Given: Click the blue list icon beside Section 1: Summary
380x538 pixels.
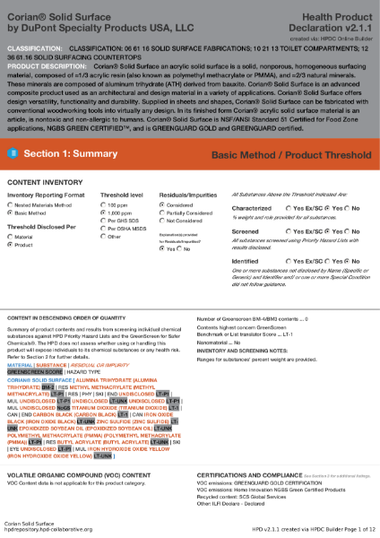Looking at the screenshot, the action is click(x=13, y=154).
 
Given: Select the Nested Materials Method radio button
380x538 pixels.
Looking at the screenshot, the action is click(x=11, y=204).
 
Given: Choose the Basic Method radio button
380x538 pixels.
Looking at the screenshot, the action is click(x=11, y=213).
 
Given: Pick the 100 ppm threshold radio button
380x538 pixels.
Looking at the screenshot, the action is click(x=103, y=204).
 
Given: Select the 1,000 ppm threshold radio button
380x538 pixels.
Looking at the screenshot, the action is click(x=103, y=213).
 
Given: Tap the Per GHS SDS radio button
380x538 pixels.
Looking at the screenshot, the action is click(x=103, y=221).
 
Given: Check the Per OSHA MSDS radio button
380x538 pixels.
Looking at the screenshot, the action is click(x=103, y=229).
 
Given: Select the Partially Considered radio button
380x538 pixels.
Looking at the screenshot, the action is click(x=162, y=213).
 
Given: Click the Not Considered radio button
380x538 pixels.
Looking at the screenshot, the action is click(x=162, y=221).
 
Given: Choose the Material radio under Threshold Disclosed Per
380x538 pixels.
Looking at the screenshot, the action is click(x=11, y=236).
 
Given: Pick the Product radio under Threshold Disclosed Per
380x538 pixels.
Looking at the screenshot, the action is click(x=11, y=244).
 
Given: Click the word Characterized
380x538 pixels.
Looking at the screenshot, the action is click(x=251, y=207).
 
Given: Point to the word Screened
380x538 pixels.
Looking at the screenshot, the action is click(x=245, y=231).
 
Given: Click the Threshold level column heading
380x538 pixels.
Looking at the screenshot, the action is click(x=121, y=195).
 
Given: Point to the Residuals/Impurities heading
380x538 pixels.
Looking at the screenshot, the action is click(x=187, y=195).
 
